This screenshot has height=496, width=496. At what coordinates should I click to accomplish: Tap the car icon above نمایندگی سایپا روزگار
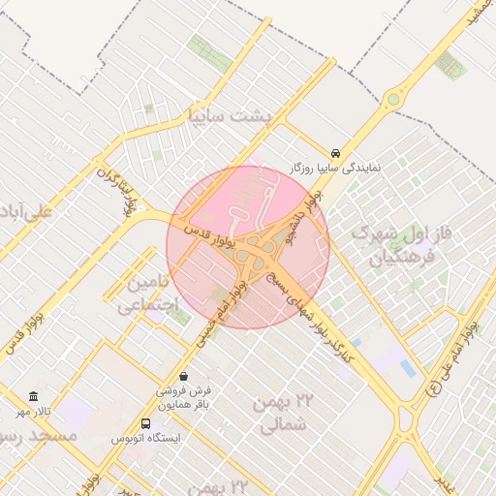pyautogui.click(x=335, y=153)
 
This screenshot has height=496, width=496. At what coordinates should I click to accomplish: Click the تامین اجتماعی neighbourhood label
pyautogui.click(x=148, y=294)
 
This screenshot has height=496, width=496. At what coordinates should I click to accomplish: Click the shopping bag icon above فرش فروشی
pyautogui.click(x=184, y=375)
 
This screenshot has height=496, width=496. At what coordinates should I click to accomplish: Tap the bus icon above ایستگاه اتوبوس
pyautogui.click(x=145, y=423)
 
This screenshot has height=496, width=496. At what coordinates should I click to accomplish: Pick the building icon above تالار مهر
pyautogui.click(x=34, y=397)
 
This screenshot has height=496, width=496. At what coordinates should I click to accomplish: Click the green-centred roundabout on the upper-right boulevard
pyautogui.click(x=392, y=98)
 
